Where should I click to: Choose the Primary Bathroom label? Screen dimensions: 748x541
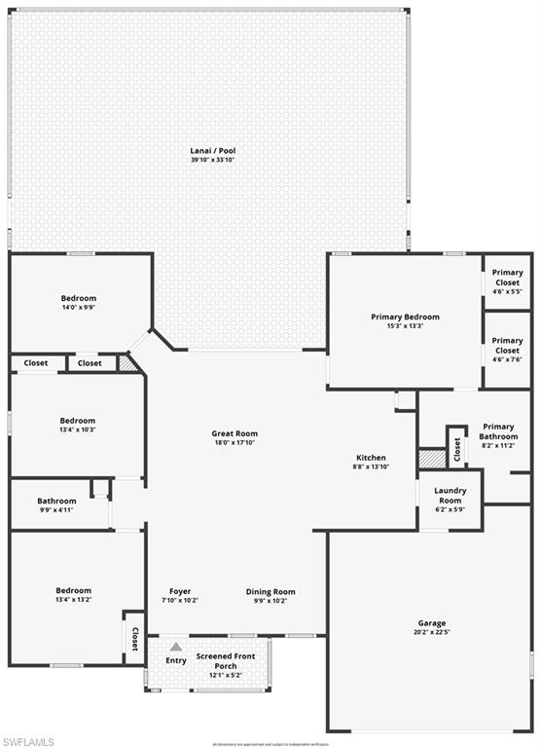[498, 431]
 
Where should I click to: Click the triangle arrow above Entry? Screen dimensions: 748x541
[176, 646]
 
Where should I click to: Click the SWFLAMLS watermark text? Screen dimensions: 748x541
[28, 741]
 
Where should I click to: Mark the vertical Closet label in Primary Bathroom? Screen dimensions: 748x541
[456, 448]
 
